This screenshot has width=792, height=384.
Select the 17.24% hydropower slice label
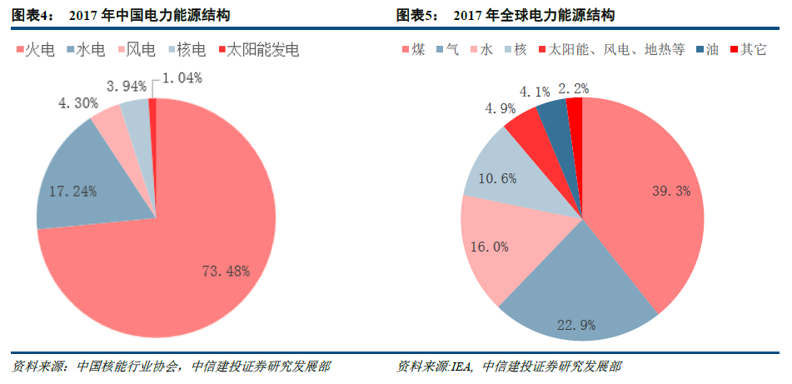point(74,191)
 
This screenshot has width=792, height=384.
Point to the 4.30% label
point(77,103)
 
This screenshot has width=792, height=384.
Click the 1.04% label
point(182,78)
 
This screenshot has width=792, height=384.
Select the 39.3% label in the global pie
point(671,191)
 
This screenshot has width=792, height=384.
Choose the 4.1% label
point(534,91)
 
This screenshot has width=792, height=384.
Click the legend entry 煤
point(413,50)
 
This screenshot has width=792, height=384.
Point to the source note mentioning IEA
point(509,367)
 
